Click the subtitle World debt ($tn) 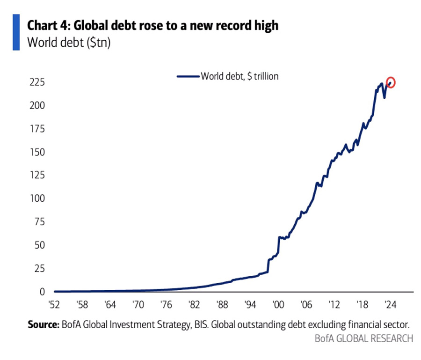[68, 42]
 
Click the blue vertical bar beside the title [16, 32]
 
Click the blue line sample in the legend [188, 76]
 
